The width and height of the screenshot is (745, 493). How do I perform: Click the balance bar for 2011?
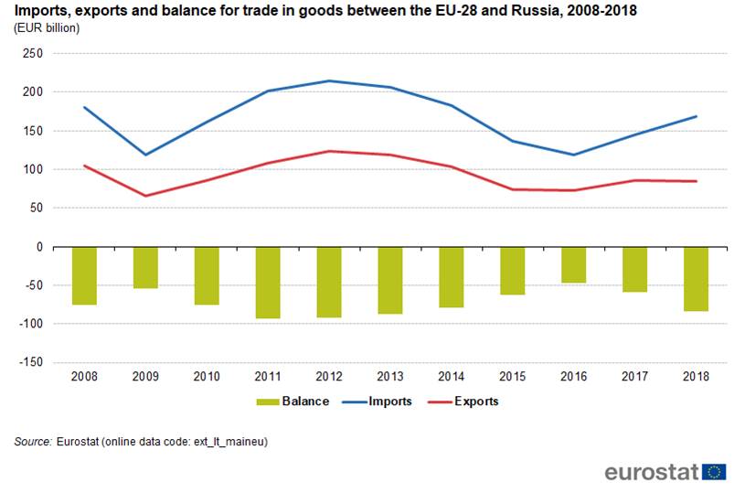coord(268,282)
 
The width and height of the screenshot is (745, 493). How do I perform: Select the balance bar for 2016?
coord(574,264)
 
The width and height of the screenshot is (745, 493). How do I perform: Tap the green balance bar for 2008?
coord(84,275)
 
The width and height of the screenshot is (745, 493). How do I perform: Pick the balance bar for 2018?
coord(697,279)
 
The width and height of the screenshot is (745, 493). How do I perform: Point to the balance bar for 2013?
coord(390,280)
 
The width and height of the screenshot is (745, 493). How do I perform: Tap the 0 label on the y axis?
coord(39,247)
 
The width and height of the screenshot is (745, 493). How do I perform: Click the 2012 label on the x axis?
coord(329,376)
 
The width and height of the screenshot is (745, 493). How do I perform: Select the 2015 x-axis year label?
coord(513,376)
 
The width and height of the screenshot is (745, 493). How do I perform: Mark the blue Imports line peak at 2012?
coord(329,81)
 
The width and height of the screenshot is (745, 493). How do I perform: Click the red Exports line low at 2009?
coord(145,196)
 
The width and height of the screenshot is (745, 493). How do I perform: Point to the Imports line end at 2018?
coord(697,116)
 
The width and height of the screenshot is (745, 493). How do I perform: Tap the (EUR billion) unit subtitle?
coord(47,27)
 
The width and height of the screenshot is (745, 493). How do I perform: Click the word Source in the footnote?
coord(33,442)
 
